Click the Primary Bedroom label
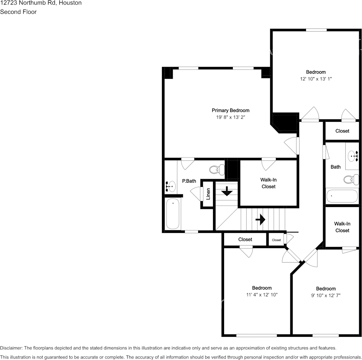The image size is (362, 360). pos(231,110)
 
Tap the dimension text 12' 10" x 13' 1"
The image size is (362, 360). pos(316,79)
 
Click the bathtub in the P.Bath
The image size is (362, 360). pos(173,214)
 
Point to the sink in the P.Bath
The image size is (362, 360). pos(171,186)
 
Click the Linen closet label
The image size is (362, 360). pos(208,194)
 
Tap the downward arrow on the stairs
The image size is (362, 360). pos(227,191)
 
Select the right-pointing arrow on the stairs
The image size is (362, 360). pos(260,219)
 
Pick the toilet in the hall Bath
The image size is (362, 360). pos(351,179)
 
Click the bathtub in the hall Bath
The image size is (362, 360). pos(342,196)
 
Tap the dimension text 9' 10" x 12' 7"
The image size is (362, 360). pos(326,295)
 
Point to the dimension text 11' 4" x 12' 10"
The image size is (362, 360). pos(262,295)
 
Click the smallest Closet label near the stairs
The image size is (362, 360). pos(276,240)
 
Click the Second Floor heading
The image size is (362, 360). pos(18,12)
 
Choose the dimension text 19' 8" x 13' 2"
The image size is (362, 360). pos(231,117)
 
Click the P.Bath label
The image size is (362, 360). pos(189,181)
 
